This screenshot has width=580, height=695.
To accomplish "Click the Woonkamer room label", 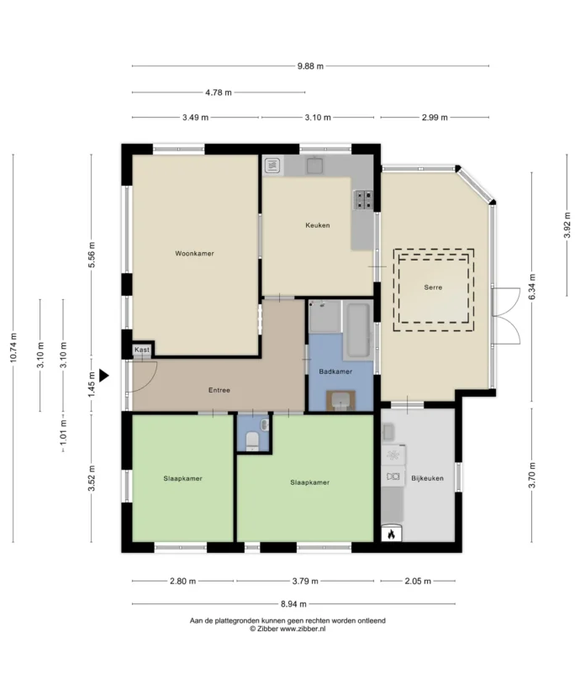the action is [194, 254].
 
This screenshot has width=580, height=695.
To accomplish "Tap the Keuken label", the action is [318, 225].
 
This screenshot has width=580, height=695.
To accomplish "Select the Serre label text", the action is [433, 287].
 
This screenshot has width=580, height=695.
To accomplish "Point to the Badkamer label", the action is [335, 371].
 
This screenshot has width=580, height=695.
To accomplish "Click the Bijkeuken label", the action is [427, 478].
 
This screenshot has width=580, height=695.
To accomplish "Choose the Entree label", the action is [219, 390].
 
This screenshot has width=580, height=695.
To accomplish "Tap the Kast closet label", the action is [142, 350].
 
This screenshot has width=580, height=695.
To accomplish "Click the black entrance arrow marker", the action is [103, 376].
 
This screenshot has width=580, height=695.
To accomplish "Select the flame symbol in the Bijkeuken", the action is [391, 534].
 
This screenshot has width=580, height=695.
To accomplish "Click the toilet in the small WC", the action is [252, 441].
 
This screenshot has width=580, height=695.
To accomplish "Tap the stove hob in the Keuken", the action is [363, 199].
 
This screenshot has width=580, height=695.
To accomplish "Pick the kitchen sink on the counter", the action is [315, 165].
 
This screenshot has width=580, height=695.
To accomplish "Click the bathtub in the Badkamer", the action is [358, 329].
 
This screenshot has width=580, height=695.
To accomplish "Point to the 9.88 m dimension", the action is [310, 66].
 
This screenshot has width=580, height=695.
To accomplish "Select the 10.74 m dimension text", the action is [13, 348].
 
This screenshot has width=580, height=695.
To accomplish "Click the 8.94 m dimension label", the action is [293, 603].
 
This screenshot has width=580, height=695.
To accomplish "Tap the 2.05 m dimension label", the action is [418, 581].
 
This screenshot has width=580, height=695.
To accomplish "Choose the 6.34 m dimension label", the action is [532, 287].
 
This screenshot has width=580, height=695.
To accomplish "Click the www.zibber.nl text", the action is [303, 629].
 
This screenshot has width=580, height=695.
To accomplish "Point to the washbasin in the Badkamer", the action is [340, 400].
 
